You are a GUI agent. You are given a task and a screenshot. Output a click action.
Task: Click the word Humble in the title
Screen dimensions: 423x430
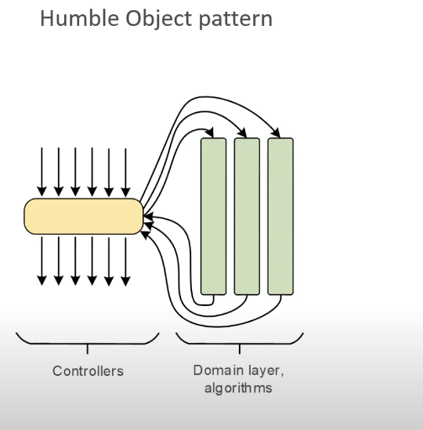coord(80,18)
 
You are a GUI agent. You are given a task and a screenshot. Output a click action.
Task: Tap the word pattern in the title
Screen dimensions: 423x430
coord(236,20)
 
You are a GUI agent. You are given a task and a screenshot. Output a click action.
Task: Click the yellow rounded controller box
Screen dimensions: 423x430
coord(84,217)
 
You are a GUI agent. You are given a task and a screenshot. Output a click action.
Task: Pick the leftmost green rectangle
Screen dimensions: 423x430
coord(214,217)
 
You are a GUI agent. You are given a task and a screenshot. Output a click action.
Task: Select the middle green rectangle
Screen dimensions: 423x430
coord(247,217)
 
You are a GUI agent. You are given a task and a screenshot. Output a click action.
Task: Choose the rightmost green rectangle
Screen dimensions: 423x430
coord(280,217)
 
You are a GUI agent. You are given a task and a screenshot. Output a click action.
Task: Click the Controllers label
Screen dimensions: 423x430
coord(88,371)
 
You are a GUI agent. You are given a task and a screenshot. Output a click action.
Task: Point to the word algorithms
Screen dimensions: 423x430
coord(238,388)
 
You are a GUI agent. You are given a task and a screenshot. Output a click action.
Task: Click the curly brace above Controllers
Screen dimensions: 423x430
coord(88,343)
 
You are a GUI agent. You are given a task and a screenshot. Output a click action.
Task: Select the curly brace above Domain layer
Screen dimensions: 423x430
coord(240,343)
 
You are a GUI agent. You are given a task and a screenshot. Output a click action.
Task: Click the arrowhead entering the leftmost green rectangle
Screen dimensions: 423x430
coord(211,133)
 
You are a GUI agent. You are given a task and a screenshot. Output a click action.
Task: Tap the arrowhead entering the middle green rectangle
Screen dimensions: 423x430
coord(243,133)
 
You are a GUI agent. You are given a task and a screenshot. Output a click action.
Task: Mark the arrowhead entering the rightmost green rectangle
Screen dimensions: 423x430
coord(276,133)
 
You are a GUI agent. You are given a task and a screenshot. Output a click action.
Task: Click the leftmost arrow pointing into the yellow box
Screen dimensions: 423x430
coord(42,172)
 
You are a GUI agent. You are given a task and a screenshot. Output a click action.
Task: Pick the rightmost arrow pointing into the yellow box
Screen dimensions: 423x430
coord(125,173)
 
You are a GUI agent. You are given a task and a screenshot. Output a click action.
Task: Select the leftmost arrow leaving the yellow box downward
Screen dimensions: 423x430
coord(42,261)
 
